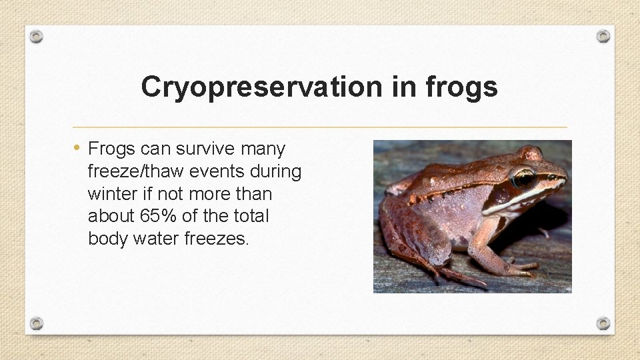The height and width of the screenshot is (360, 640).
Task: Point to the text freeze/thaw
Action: point(136,171)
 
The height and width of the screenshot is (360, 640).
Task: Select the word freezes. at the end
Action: point(215,239)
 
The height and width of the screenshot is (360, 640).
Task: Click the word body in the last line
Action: point(108,239)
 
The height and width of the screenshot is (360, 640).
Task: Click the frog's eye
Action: point(523,179)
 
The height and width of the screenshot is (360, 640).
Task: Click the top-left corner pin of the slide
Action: point(37,36)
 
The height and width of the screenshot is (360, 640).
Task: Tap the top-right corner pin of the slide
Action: point(603,36)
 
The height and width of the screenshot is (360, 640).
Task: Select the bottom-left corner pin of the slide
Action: point(37,323)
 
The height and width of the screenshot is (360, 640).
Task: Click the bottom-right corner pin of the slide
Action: point(603,323)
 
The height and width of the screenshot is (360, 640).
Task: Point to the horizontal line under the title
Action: point(319,127)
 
